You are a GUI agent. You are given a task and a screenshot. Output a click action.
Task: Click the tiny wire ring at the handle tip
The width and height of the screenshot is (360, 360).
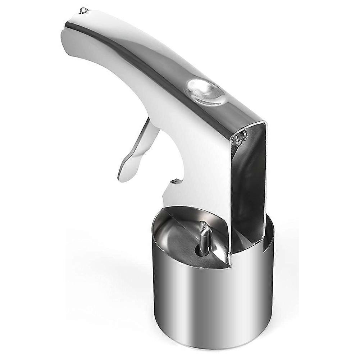coord(84,10)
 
